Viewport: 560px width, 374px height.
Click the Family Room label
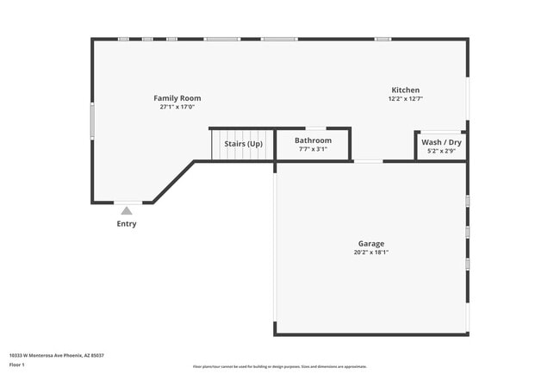click(x=177, y=98)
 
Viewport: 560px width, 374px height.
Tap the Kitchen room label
click(x=406, y=90)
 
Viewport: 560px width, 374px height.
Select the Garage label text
click(x=371, y=244)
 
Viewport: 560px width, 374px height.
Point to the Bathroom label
click(x=313, y=140)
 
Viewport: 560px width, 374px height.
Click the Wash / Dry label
click(x=441, y=142)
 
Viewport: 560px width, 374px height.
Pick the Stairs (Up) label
click(x=244, y=144)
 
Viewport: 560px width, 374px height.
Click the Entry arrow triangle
click(x=127, y=210)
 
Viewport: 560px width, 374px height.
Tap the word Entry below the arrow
click(x=127, y=224)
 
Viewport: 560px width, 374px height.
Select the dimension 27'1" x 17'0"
click(x=177, y=108)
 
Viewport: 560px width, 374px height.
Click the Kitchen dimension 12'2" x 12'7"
click(x=406, y=99)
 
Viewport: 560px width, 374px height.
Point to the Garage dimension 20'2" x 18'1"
click(x=371, y=252)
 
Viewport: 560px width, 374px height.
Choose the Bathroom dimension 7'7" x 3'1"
click(x=313, y=149)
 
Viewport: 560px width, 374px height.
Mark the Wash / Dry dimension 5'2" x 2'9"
click(x=441, y=151)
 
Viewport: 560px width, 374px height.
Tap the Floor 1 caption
click(x=17, y=365)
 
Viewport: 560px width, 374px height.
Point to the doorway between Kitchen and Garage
click(x=369, y=161)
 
